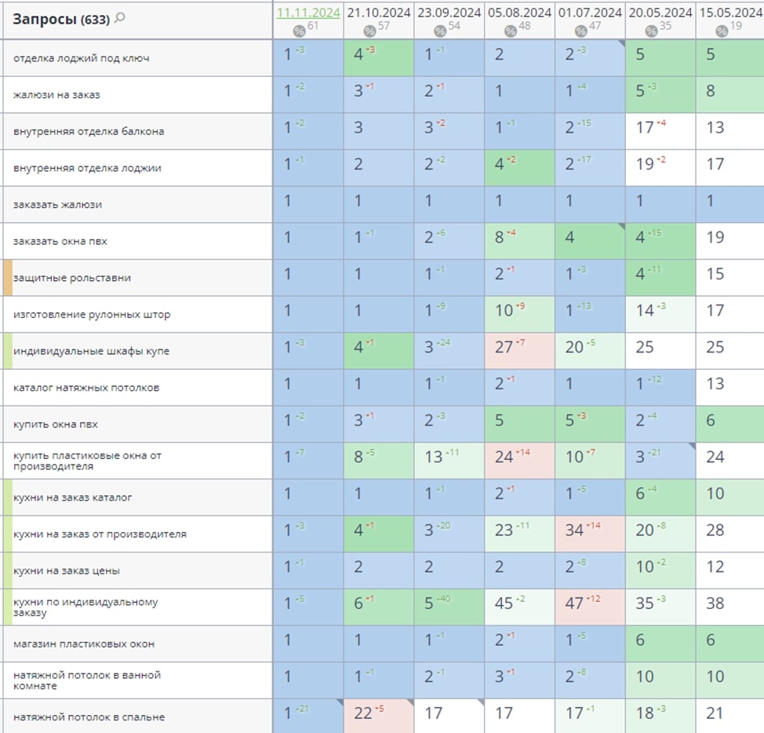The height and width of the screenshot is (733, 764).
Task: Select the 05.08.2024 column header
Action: (x=518, y=13)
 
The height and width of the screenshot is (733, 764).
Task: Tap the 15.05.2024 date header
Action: (x=729, y=13)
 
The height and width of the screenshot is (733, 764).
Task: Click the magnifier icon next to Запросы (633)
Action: (x=120, y=18)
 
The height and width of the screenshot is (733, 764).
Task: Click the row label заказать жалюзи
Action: (x=57, y=205)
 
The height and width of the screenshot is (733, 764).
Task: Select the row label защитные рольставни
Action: (x=72, y=278)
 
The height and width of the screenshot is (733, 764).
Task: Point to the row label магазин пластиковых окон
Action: (x=84, y=644)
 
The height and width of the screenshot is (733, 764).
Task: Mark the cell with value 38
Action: (x=715, y=603)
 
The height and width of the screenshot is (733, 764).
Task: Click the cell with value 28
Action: (x=715, y=530)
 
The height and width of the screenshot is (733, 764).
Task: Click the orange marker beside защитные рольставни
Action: (x=7, y=278)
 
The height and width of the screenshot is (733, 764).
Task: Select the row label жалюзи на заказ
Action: (x=56, y=95)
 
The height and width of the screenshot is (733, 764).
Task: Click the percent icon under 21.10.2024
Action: (x=369, y=31)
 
